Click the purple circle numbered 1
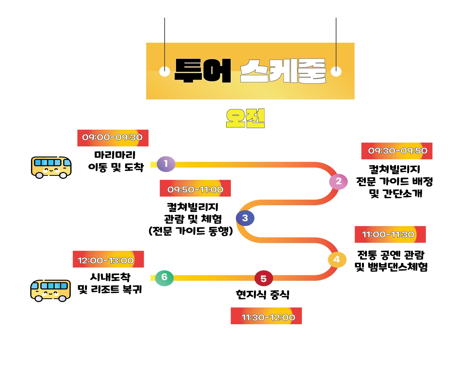point(166,164)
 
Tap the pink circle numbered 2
point(338,181)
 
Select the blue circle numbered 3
point(245,218)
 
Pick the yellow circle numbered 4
point(337,259)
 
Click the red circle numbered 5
point(264,279)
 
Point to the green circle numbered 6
point(164,277)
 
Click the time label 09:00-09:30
point(113,138)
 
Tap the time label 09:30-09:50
point(397,151)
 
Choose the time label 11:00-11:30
point(390,234)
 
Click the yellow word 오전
point(245,118)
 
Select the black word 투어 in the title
point(203,71)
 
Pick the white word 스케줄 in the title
point(283,71)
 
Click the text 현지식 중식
point(262,295)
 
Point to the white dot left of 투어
point(165,71)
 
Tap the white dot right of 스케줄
point(336,71)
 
